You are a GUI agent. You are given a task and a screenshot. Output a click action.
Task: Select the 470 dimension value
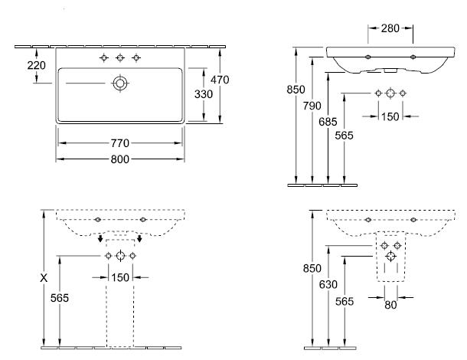click(220, 79)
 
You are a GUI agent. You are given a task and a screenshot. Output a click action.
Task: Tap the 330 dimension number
click(204, 93)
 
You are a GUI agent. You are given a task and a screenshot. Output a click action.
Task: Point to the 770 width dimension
click(120, 143)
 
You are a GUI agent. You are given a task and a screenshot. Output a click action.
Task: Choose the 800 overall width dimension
click(120, 159)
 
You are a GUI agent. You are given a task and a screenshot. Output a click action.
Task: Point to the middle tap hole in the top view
click(120, 58)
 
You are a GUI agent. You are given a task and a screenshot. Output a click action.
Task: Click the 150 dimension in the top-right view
click(390, 116)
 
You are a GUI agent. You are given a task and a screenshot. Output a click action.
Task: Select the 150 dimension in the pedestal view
click(120, 277)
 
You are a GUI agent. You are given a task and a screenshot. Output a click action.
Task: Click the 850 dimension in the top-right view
click(296, 90)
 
